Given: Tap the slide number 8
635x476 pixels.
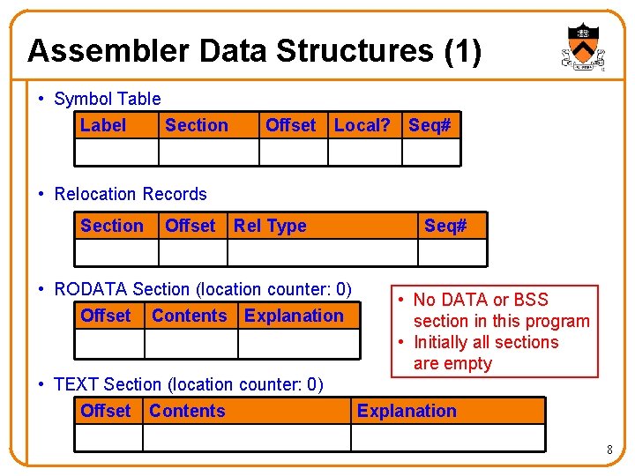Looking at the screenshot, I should pos(609,450).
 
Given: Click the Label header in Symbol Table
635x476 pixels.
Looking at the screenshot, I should pos(103,125).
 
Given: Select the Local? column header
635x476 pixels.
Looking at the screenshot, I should pos(362,125).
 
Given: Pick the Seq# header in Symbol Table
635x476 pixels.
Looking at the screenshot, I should pos(430,125).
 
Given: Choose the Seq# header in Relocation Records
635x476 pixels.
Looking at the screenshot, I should pos(445,226).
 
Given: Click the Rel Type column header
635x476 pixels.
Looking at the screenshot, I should pos(270,226).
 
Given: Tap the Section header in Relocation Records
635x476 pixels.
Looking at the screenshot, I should pos(112,226).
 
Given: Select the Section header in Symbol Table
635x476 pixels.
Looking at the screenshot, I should pos(197,125).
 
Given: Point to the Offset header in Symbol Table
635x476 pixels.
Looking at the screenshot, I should pos(290,125).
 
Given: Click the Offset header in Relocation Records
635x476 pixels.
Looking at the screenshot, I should pos(190,226).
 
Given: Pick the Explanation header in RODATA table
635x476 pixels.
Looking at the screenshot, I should pos(294,316).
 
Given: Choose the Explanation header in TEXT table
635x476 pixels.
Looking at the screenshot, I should pos(407,411).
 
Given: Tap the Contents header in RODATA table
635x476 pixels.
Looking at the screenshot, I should pos(189,316).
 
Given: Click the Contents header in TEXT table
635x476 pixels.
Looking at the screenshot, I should pos(187,411).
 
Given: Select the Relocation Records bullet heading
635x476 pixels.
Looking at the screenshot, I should pos(131,194).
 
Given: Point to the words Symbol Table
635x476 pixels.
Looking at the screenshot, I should pos(108,99).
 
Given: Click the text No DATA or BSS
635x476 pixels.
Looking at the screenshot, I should pos(481,300).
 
